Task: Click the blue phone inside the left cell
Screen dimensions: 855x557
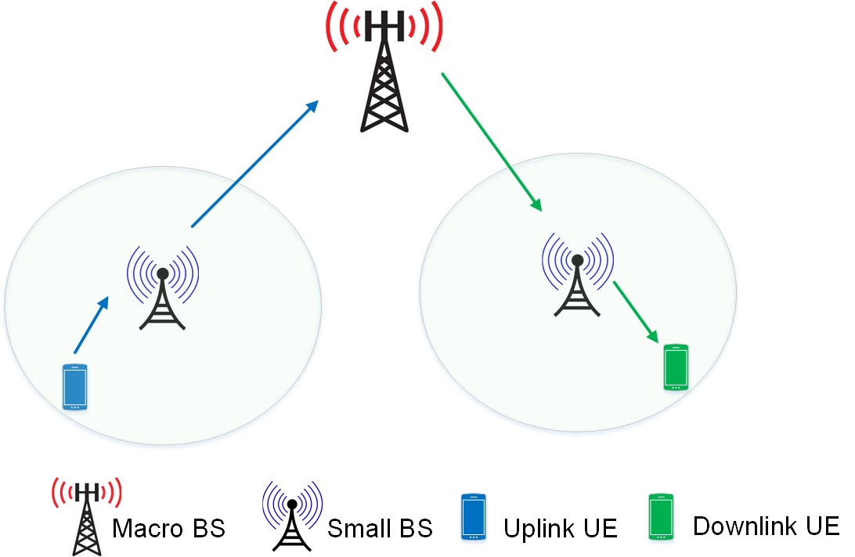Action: (x=74, y=387)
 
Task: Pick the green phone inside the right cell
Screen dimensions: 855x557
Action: (x=676, y=367)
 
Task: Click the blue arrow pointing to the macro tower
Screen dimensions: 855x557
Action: (x=255, y=163)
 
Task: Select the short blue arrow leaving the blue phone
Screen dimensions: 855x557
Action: (x=92, y=324)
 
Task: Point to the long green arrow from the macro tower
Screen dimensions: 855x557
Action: (x=492, y=142)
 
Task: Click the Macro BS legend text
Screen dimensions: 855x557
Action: (x=168, y=528)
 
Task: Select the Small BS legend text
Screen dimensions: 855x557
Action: (x=380, y=528)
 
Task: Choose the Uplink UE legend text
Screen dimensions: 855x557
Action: (x=560, y=528)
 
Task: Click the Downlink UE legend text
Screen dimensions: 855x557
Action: (x=766, y=526)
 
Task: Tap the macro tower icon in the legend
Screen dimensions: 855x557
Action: (x=87, y=516)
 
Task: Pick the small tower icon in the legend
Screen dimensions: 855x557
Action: (x=292, y=516)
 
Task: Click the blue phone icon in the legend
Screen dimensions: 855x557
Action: (x=473, y=516)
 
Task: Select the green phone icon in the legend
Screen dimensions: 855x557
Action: (x=661, y=516)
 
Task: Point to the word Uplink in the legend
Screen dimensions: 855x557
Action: (x=539, y=528)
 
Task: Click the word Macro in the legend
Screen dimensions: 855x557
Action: (x=147, y=528)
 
